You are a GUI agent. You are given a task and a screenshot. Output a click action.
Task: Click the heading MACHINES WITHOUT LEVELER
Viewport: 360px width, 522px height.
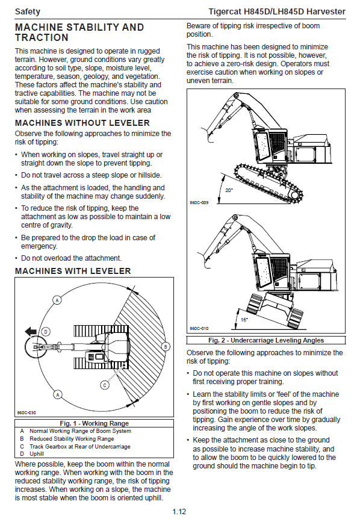(82, 123)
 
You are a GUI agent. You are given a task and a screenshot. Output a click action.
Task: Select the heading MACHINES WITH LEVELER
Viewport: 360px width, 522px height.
(73, 271)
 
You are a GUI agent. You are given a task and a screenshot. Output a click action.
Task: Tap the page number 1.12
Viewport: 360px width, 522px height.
(179, 512)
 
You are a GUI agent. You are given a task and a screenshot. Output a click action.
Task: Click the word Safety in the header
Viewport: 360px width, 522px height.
(27, 11)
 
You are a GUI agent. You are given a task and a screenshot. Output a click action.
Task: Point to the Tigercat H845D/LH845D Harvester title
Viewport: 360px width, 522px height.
(277, 11)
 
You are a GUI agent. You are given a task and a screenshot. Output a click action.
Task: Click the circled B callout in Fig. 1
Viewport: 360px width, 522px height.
(166, 347)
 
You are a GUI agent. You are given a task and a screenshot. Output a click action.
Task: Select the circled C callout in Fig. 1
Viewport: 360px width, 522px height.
(105, 385)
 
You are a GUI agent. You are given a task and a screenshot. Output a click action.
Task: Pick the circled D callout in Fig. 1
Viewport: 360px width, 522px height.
(46, 332)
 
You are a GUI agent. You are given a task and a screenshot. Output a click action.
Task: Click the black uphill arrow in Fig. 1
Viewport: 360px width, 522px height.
(31, 331)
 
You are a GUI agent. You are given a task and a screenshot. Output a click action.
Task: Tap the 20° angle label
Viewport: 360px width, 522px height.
(229, 190)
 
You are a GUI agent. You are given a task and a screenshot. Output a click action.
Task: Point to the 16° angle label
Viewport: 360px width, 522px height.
(244, 320)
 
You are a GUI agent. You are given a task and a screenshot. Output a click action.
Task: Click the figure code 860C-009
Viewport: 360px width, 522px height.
(199, 202)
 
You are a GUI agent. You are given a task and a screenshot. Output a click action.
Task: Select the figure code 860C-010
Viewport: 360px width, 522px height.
(199, 328)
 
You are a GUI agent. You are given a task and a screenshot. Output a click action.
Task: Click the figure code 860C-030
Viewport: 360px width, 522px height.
(26, 413)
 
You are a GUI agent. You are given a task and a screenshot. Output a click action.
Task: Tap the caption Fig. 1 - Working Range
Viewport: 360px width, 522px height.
(94, 423)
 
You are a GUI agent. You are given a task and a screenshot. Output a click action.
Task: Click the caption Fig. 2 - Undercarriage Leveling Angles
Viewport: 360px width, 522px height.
(266, 340)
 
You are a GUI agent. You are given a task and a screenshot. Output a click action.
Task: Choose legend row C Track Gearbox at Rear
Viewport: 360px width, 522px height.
(75, 446)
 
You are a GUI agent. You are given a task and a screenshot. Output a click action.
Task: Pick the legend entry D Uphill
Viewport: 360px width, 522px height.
(32, 454)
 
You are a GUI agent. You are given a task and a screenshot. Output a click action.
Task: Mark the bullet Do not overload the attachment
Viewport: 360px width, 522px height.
(68, 258)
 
